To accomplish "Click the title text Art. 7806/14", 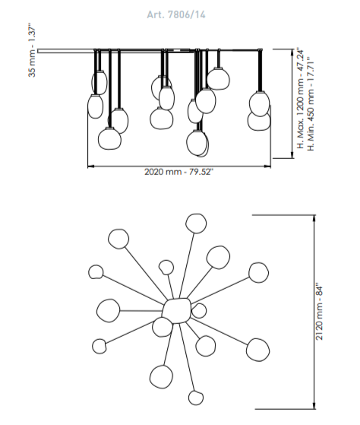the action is [176, 14].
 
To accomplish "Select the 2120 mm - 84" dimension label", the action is [320, 312].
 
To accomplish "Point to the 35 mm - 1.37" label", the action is [32, 52].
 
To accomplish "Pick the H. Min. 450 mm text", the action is [311, 103].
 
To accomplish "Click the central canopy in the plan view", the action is [177, 311].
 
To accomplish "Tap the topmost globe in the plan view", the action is [196, 224].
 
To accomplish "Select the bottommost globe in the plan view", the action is [196, 398].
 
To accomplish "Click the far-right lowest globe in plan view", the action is [257, 350].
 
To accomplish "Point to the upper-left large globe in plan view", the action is [118, 239].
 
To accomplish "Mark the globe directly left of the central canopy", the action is [109, 311].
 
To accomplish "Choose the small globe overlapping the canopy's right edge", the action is [200, 311].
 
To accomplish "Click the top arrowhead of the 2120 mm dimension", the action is [314, 218].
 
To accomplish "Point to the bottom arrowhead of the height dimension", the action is [292, 155].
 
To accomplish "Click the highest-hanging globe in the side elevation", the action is [218, 78].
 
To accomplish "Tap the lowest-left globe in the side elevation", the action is [109, 138].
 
